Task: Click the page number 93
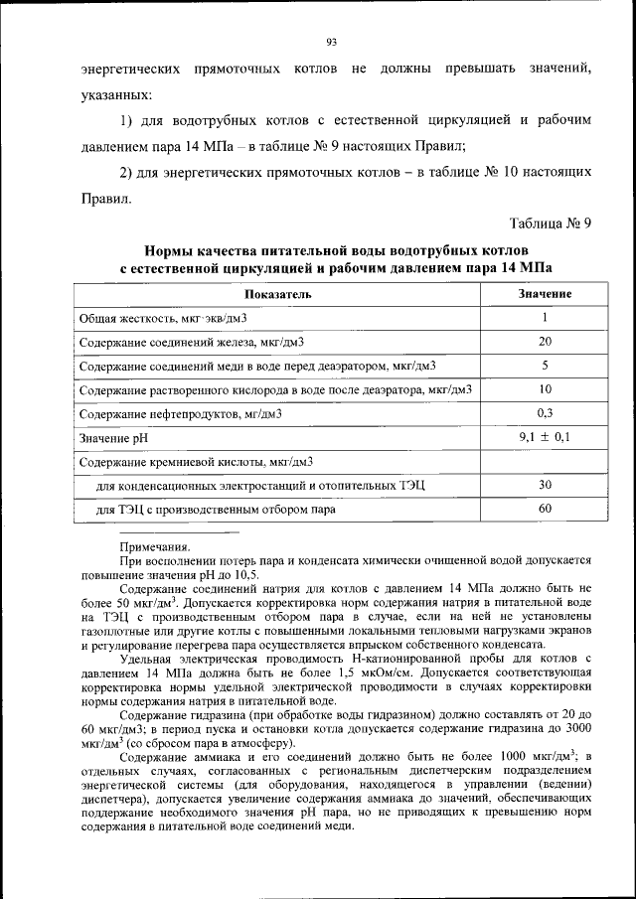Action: tap(332, 41)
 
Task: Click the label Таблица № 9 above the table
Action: tap(551, 223)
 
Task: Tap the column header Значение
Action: tap(545, 294)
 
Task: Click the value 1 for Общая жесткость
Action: tap(545, 318)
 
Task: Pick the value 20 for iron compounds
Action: tap(545, 341)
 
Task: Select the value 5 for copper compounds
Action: tap(545, 365)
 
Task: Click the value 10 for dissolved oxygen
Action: tap(545, 388)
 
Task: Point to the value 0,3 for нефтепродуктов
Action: tap(545, 412)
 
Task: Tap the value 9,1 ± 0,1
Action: tap(545, 436)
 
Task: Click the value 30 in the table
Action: tap(545, 484)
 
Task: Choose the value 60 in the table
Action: tap(545, 508)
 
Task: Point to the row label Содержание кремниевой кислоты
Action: tap(196, 461)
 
